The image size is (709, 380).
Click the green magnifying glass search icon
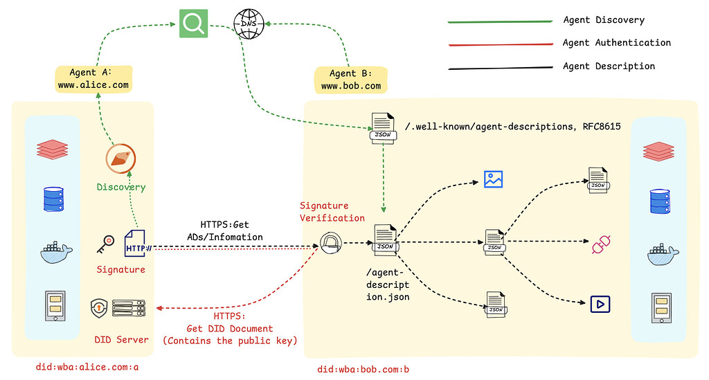(x=192, y=24)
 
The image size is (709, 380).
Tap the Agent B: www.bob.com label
(x=350, y=80)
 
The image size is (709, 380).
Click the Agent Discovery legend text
(x=603, y=20)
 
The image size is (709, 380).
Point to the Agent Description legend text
(x=609, y=66)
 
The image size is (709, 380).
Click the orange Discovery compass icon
(x=120, y=159)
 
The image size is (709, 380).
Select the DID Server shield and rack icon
(x=118, y=309)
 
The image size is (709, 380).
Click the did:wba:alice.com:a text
(x=87, y=367)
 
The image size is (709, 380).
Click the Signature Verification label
(x=332, y=212)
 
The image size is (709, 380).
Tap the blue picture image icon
(x=493, y=179)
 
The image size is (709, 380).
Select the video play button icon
(x=598, y=303)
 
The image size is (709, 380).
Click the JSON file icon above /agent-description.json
(x=384, y=237)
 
